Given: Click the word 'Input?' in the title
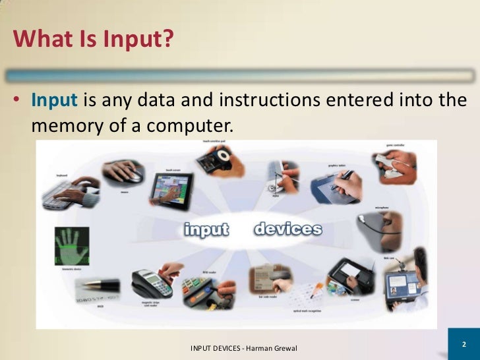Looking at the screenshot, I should (137, 40).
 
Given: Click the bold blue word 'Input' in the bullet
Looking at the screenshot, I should (55, 101).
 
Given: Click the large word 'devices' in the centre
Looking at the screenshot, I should (287, 229).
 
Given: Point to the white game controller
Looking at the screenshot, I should (396, 165).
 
